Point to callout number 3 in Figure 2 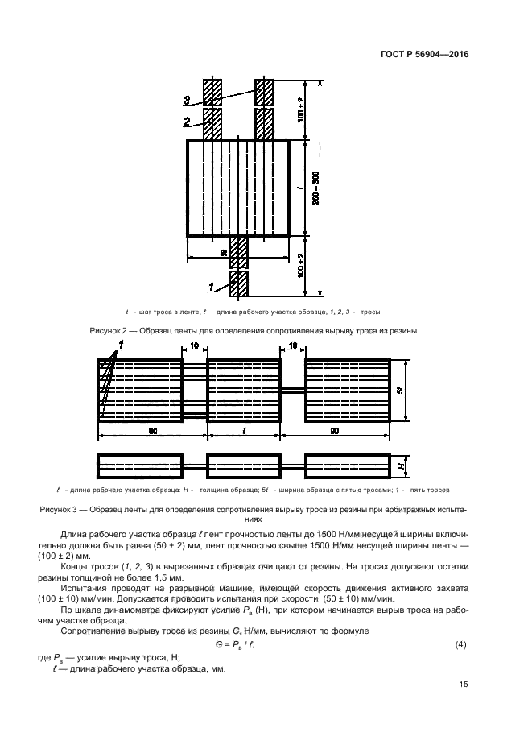click(x=187, y=101)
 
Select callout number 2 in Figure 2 click(x=187, y=122)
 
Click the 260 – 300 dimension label click(x=315, y=188)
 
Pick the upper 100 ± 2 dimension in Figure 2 click(x=301, y=109)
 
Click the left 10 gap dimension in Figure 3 click(x=194, y=346)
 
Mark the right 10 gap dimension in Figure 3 click(x=292, y=346)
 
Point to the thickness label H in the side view click(x=401, y=466)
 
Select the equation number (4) click(x=461, y=645)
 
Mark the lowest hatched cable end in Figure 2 click(x=239, y=283)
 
